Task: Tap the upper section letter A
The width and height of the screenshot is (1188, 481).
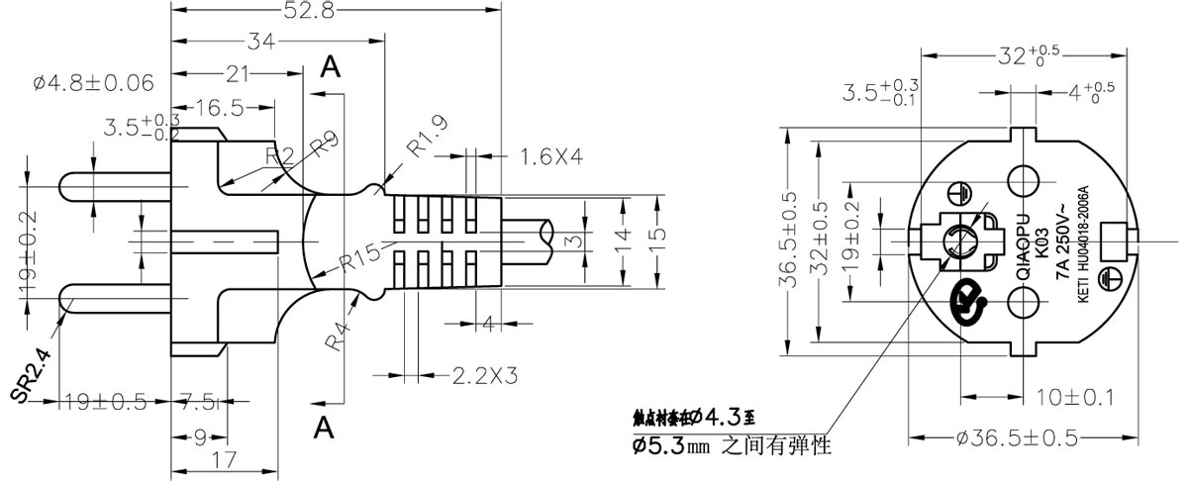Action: [x=331, y=66]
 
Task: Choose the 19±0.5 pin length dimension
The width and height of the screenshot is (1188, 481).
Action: [x=105, y=402]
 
